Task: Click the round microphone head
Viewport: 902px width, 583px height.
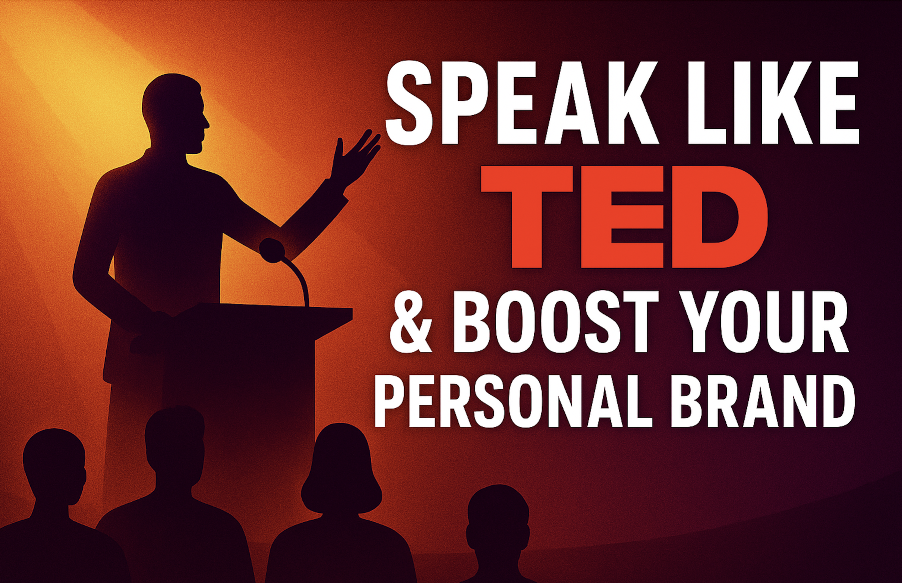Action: [x=272, y=250]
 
